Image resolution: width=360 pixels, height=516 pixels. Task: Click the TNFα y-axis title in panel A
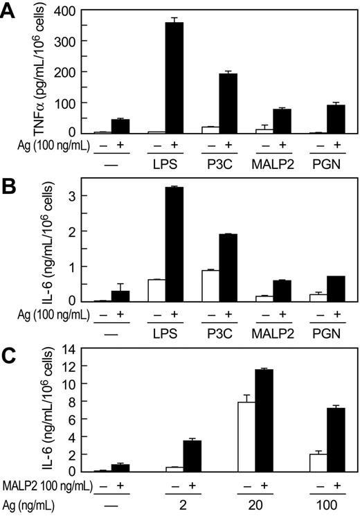pos(44,69)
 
